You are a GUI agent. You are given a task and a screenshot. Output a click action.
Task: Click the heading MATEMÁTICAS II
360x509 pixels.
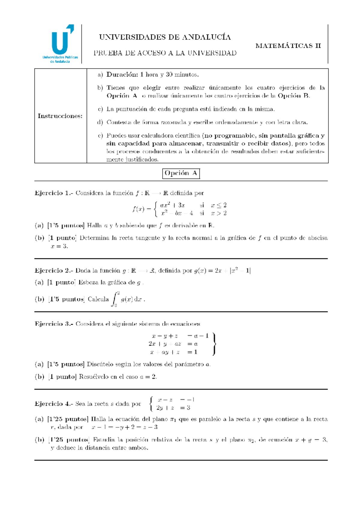[x=288, y=46]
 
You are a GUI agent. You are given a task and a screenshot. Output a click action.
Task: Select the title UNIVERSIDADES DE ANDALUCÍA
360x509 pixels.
[x=165, y=37]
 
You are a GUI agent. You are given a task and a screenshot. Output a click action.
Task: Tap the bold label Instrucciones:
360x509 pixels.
[x=60, y=116]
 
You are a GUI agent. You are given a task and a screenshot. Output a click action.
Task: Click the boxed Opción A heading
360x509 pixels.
[x=181, y=173]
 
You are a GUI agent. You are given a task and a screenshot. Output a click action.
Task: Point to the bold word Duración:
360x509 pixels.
[x=122, y=75]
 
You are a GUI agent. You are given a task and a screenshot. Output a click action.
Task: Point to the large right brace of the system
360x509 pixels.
[x=214, y=344]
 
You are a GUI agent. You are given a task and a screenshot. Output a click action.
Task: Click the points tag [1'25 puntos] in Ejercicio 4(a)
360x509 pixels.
[x=67, y=419]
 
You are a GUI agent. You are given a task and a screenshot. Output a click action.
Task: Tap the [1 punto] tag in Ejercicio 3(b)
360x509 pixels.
[x=63, y=377]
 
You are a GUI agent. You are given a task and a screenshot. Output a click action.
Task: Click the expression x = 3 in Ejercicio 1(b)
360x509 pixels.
[x=59, y=246]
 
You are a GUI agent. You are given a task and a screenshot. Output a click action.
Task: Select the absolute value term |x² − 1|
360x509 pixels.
[x=240, y=271]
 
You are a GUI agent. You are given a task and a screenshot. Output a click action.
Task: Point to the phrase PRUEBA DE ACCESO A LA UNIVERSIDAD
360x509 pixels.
[x=165, y=53]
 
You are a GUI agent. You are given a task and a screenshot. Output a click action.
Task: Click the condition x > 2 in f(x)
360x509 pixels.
[x=219, y=213]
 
